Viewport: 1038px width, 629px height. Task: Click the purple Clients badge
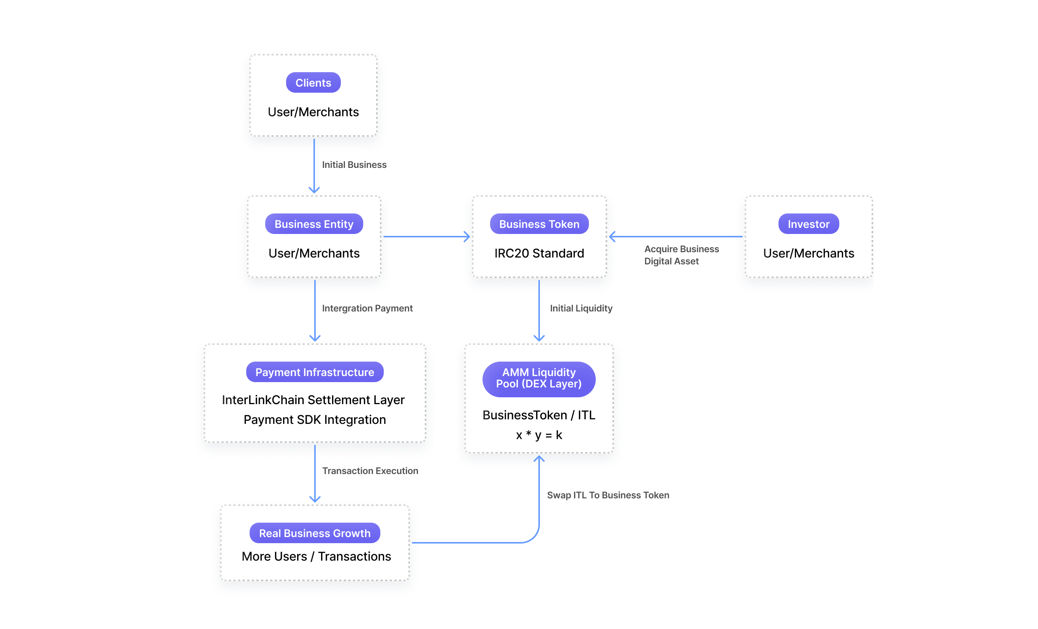(x=313, y=82)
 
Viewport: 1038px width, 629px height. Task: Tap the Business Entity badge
(x=314, y=224)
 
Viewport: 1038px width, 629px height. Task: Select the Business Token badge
(x=539, y=224)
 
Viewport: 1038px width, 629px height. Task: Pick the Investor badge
(x=809, y=224)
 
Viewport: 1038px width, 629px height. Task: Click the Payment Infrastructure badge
(x=315, y=372)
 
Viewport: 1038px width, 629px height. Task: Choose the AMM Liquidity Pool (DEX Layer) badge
(x=539, y=379)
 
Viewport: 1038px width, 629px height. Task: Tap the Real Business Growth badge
(x=315, y=533)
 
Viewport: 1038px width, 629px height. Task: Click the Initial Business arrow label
(x=354, y=164)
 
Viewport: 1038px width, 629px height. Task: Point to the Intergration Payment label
(x=367, y=308)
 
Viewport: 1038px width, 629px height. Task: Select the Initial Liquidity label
(x=581, y=308)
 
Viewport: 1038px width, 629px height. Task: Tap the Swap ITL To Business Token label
(x=608, y=495)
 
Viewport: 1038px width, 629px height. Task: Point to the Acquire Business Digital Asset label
(x=681, y=255)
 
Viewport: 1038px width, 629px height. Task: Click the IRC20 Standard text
(x=539, y=253)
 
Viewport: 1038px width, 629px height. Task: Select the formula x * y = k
(x=539, y=435)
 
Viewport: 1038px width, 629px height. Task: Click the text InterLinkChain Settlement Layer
(x=313, y=400)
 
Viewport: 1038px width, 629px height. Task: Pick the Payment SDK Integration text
(x=315, y=419)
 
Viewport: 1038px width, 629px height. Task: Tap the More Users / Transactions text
(x=316, y=556)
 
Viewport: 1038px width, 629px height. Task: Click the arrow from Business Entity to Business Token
(x=426, y=237)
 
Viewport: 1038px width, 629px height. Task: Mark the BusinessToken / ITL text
(x=539, y=415)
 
